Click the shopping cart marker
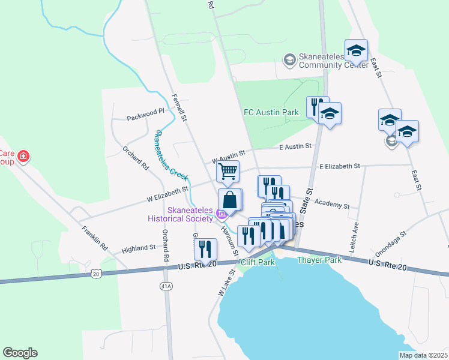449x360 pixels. (228, 172)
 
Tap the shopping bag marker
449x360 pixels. (230, 200)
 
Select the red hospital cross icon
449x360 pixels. (23, 157)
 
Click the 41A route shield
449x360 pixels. (166, 287)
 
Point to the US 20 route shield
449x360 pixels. (96, 274)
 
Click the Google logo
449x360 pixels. (20, 353)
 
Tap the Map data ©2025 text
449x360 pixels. (423, 355)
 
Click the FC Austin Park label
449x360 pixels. (271, 112)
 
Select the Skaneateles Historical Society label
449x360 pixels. (182, 214)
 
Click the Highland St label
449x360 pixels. (139, 248)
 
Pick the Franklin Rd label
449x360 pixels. (95, 238)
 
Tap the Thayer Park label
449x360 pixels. (319, 260)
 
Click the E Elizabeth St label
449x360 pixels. (339, 166)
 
